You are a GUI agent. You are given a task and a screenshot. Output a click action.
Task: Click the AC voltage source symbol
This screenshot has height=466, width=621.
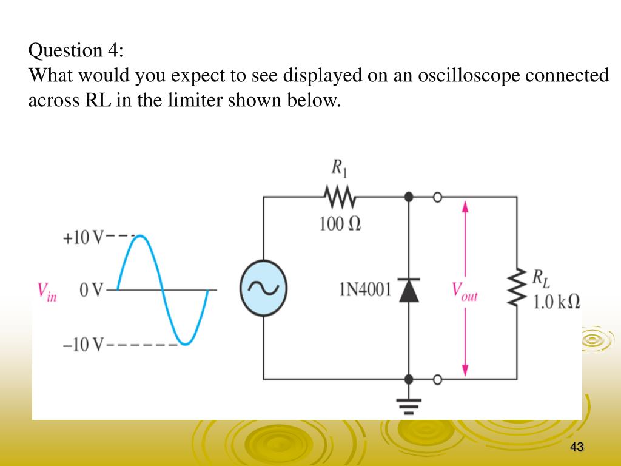[263, 289]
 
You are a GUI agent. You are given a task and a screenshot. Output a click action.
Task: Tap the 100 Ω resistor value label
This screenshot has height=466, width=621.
[340, 224]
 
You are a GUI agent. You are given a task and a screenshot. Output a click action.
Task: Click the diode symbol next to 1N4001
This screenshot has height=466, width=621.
[409, 290]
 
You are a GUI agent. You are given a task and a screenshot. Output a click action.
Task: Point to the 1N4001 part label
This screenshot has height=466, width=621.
[364, 289]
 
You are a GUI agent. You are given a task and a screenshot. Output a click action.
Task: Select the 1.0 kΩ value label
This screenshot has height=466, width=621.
[557, 302]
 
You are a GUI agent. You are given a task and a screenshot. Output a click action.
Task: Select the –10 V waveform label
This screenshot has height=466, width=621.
[84, 345]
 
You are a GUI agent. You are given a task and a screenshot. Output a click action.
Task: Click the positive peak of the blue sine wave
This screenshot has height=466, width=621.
[139, 237]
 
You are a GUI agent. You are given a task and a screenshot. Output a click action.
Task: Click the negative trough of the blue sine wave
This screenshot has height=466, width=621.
[185, 343]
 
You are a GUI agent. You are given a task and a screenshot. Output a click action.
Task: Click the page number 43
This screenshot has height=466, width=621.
[577, 447]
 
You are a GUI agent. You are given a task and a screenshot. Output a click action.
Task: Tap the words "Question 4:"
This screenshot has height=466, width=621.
[76, 50]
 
